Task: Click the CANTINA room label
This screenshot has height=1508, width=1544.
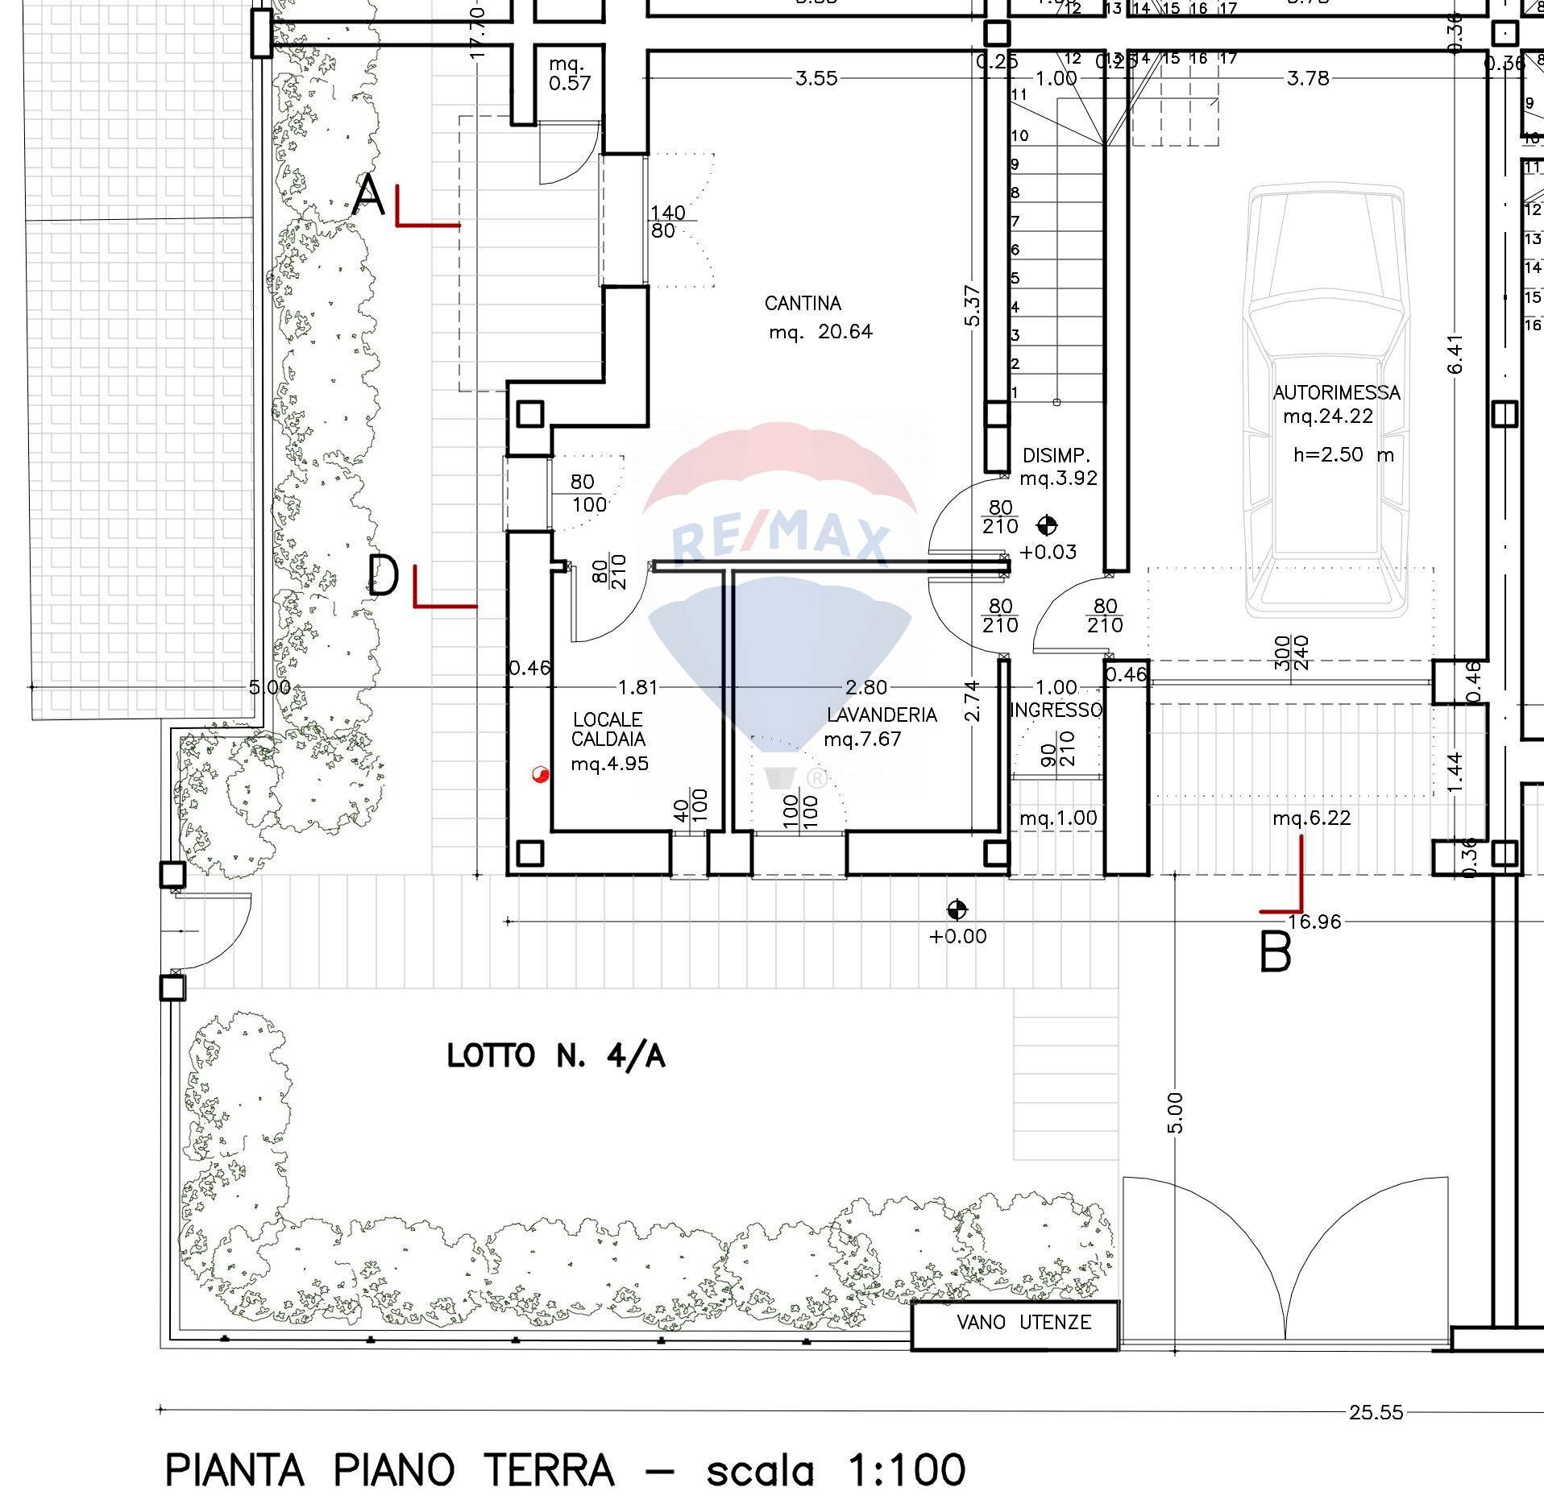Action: (803, 304)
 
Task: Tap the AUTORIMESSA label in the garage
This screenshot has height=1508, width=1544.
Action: (1336, 393)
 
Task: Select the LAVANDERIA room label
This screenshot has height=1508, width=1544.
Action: (882, 715)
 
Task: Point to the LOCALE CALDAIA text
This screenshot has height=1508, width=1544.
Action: (608, 729)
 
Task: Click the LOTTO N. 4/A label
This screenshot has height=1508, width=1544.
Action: (556, 1055)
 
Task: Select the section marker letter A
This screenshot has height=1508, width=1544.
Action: (369, 196)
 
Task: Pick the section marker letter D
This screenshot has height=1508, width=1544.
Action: (382, 576)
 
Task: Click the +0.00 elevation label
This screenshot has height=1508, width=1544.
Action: (957, 936)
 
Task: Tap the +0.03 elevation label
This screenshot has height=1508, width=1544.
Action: (1048, 552)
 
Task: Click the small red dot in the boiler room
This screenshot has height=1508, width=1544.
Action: (540, 775)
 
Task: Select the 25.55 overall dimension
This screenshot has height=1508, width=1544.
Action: (1376, 1412)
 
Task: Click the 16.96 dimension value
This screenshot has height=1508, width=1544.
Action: (1314, 922)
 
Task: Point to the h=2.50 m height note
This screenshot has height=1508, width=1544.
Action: (1343, 454)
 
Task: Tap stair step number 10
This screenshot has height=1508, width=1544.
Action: (1020, 135)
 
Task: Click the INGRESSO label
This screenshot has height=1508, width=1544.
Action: (1056, 710)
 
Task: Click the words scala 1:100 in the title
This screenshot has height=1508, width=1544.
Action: (836, 1469)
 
